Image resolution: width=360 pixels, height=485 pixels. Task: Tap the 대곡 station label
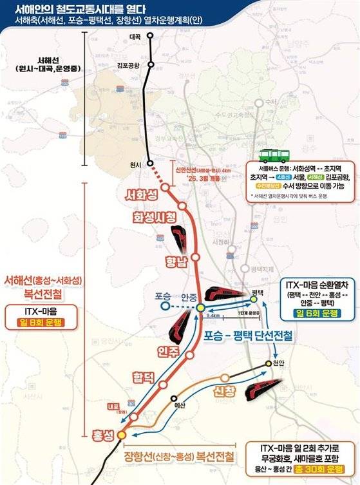click(x=135, y=37)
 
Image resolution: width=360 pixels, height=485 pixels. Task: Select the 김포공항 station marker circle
click(x=151, y=64)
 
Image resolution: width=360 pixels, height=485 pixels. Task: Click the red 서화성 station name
click(x=142, y=193)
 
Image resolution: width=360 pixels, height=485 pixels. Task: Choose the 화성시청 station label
click(x=156, y=218)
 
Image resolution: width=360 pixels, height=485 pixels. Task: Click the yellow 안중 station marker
click(x=200, y=307)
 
